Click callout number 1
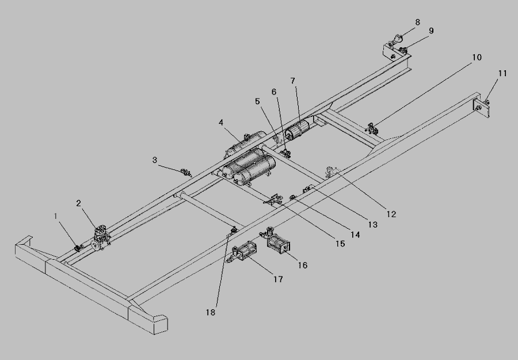point(56,216)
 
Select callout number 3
point(154,160)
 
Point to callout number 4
point(221,122)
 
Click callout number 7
point(292,81)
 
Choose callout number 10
point(477,58)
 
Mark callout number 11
point(502,74)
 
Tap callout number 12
point(391,214)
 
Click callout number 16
point(303,266)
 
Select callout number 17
point(278,279)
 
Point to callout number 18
point(211,312)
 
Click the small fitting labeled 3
point(185,171)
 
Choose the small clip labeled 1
point(77,248)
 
